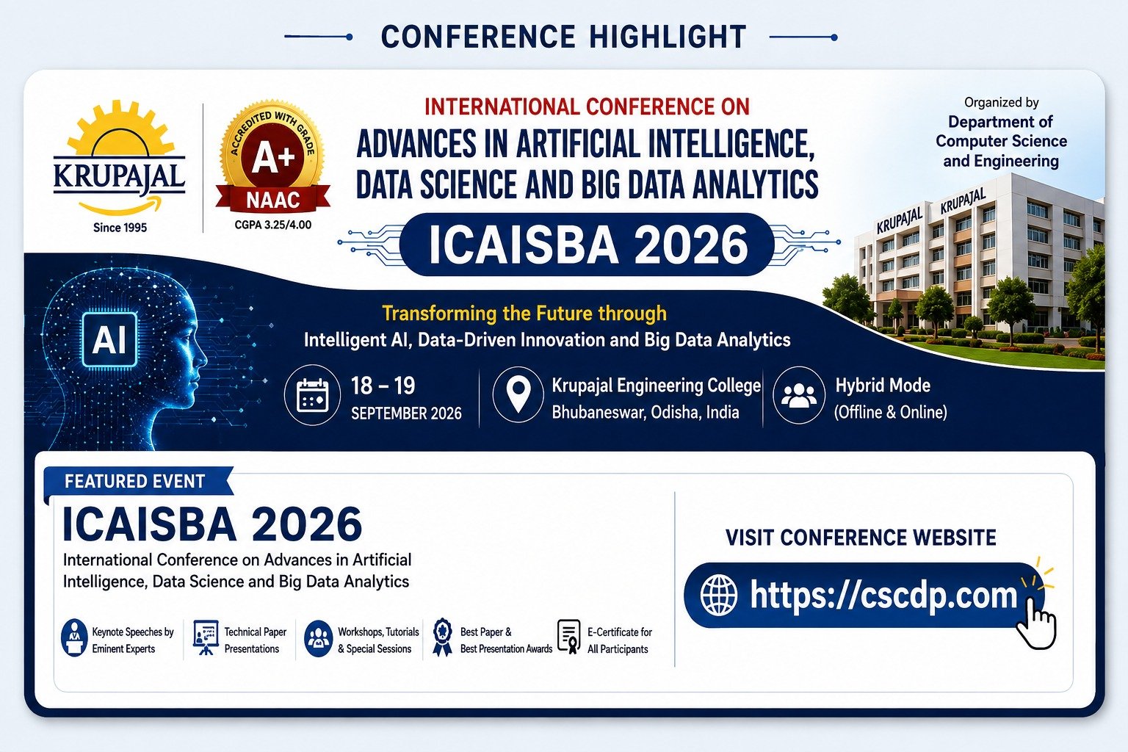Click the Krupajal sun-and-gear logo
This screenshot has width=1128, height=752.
click(x=120, y=158)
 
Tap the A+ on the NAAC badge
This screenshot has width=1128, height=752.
click(x=273, y=158)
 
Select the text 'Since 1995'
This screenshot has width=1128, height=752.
click(x=120, y=228)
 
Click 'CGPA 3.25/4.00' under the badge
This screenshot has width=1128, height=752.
click(x=273, y=225)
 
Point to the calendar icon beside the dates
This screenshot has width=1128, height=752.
click(x=312, y=395)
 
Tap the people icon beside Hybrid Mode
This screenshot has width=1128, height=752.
click(x=799, y=395)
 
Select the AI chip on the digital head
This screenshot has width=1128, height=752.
click(x=109, y=339)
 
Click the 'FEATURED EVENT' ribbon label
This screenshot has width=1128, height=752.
click(x=134, y=482)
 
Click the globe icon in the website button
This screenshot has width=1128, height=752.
click(x=719, y=595)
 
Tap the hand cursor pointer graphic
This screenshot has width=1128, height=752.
click(x=1036, y=623)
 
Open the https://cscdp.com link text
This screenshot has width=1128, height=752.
click(x=883, y=596)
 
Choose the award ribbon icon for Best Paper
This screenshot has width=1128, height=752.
click(x=442, y=637)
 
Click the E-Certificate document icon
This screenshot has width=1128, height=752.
click(x=569, y=637)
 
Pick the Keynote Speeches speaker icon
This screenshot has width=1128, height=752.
click(x=74, y=637)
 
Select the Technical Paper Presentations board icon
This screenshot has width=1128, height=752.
click(x=206, y=637)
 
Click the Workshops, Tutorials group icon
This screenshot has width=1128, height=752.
click(x=318, y=638)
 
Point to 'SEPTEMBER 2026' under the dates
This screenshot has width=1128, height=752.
click(x=406, y=413)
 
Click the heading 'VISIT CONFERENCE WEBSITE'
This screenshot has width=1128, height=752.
click(x=861, y=538)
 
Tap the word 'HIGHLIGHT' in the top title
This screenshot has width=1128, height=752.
click(x=668, y=37)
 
